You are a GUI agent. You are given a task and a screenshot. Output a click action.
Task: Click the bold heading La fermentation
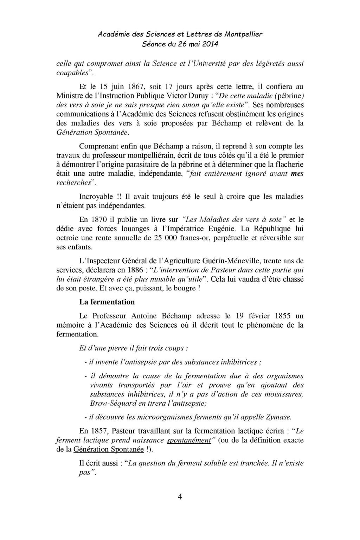click(107, 302)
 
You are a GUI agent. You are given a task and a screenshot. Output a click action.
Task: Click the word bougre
click(185, 288)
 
